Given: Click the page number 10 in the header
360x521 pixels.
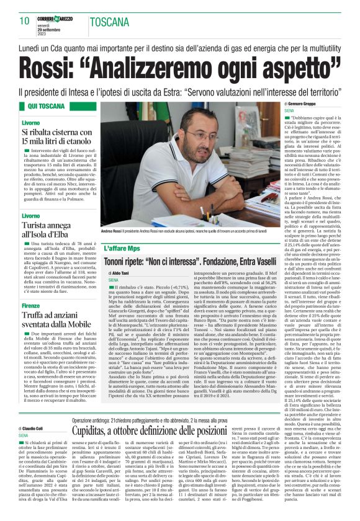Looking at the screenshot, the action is (24, 21).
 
